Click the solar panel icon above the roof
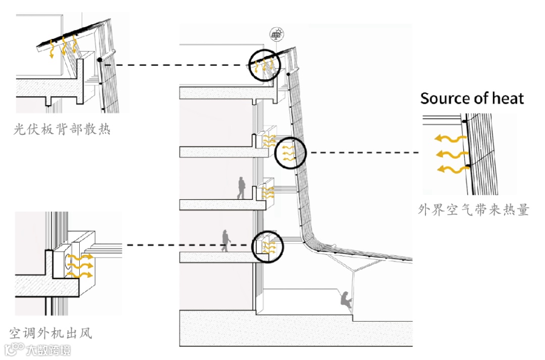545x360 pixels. tap(276, 34)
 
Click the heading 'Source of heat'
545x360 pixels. tap(472, 98)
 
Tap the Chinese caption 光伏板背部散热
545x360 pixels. tap(62, 130)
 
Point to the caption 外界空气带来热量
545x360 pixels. tap(473, 210)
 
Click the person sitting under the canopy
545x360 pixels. tap(346, 300)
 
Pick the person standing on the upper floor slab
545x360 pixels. tap(242, 188)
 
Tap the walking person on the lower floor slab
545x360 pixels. tap(226, 241)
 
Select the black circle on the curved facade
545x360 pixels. tap(290, 152)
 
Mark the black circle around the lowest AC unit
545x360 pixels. tap(267, 247)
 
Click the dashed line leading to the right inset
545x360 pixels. tap(363, 152)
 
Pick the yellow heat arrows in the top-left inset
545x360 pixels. tap(63, 47)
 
